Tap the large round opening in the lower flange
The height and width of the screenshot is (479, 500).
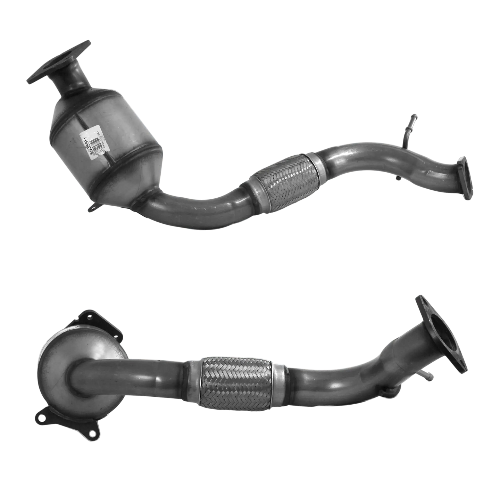(x=440, y=335)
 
